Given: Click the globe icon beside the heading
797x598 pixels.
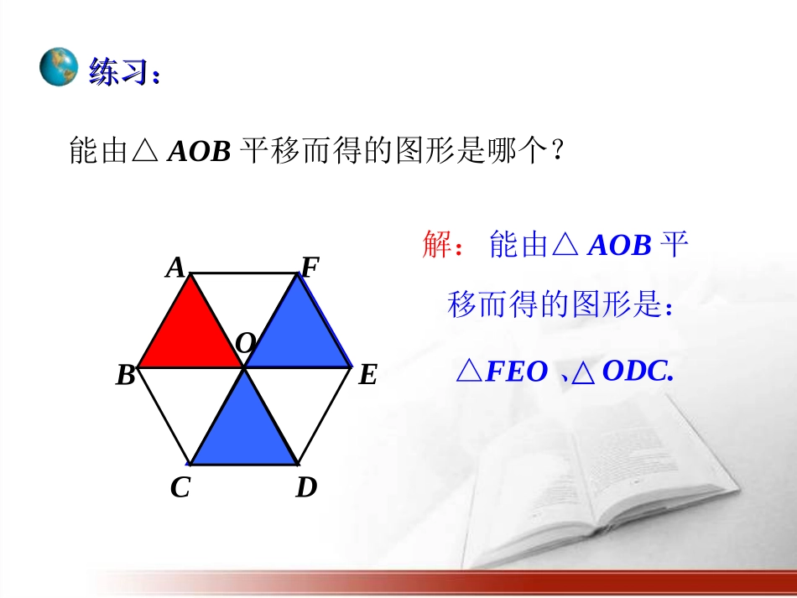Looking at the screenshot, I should (x=59, y=68).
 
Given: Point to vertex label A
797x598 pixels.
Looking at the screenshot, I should (x=175, y=268).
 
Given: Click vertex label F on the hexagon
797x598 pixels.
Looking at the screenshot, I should (x=310, y=268).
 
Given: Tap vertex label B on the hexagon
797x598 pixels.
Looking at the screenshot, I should (x=126, y=376).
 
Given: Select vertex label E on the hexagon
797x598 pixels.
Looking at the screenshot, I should (x=367, y=375).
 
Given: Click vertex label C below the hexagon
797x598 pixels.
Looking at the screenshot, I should (x=180, y=487).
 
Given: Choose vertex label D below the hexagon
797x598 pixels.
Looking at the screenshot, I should (x=306, y=487).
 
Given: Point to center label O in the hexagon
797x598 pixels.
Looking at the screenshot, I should (x=245, y=343).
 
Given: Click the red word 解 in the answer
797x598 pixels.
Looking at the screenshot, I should (x=438, y=246).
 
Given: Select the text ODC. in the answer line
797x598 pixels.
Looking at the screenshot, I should (x=638, y=372).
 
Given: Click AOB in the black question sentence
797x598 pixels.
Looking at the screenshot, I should (x=200, y=152).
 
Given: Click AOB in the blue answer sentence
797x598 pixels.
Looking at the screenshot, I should (x=620, y=246).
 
